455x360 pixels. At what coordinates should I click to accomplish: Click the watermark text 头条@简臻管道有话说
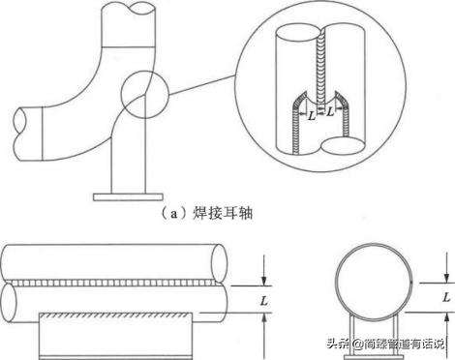383,344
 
